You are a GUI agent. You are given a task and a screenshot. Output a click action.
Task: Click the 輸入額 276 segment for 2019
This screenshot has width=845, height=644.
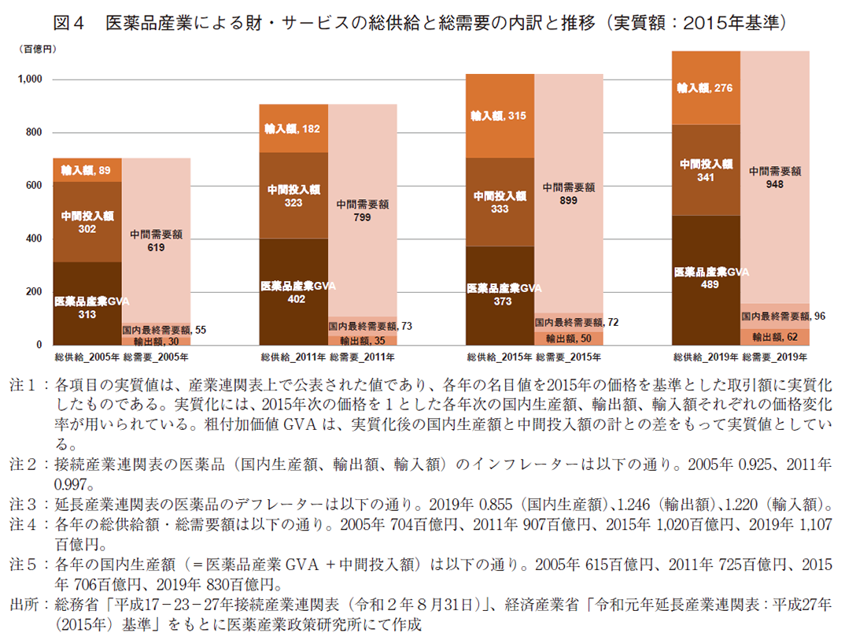[x=705, y=88]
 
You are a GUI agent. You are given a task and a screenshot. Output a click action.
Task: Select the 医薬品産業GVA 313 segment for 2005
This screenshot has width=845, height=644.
[x=87, y=303]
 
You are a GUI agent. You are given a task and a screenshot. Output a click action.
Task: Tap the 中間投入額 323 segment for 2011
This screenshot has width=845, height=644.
[x=293, y=195]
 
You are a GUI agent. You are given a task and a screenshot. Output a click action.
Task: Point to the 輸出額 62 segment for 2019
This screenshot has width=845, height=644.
[x=774, y=337]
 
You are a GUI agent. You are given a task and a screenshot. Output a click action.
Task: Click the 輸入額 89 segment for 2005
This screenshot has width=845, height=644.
[x=87, y=170]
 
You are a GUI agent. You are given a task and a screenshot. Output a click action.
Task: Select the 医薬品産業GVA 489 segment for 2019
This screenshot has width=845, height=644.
[x=705, y=279]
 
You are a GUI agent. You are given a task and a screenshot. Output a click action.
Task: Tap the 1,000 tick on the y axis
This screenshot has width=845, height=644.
[x=31, y=80]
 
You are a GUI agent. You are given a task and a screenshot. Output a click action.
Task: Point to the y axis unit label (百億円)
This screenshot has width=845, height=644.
[x=37, y=49]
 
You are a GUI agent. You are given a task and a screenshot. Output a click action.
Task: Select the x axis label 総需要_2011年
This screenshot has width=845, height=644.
[x=362, y=357]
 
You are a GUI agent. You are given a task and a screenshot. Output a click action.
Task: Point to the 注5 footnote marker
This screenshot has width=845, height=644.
[x=22, y=564]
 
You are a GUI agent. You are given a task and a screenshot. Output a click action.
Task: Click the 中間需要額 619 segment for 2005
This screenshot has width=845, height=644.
[x=156, y=240]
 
